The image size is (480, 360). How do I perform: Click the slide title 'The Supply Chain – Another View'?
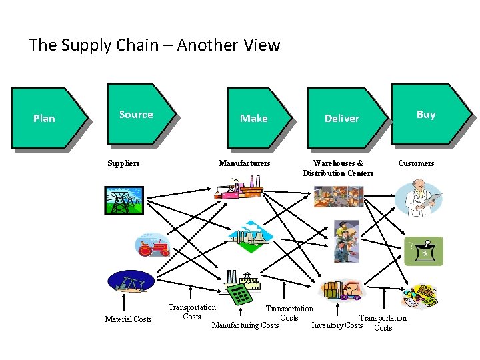point(154,45)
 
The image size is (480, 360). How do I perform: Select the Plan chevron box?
point(47,118)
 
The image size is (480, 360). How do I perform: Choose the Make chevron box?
point(257,118)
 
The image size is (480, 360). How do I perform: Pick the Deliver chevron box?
point(344,118)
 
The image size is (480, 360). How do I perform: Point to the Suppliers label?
point(124,163)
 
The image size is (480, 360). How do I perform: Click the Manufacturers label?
point(245,163)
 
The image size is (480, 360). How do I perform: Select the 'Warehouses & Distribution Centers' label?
point(338,168)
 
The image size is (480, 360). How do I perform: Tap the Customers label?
point(416,163)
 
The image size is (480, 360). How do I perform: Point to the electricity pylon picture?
point(123,199)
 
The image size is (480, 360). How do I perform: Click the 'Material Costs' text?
point(128,319)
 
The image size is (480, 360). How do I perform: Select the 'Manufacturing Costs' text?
point(245,325)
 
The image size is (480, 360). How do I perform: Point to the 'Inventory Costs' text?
point(337,325)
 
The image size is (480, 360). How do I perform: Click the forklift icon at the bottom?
point(343,290)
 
